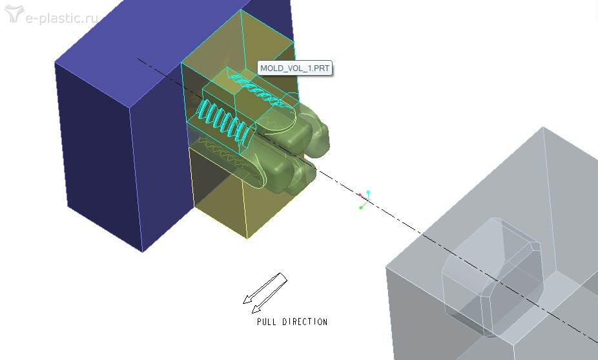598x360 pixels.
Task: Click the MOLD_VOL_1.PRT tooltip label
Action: pos(295,69)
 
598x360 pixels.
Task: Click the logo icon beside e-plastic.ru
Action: pos(14,14)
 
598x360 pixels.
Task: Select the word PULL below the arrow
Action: pos(267,321)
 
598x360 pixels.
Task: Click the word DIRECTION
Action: pos(305,321)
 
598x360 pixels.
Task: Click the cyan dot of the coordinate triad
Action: pos(368,192)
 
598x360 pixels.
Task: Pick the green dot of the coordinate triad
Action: pos(361,207)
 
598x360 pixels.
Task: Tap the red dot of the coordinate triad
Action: pos(360,195)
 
